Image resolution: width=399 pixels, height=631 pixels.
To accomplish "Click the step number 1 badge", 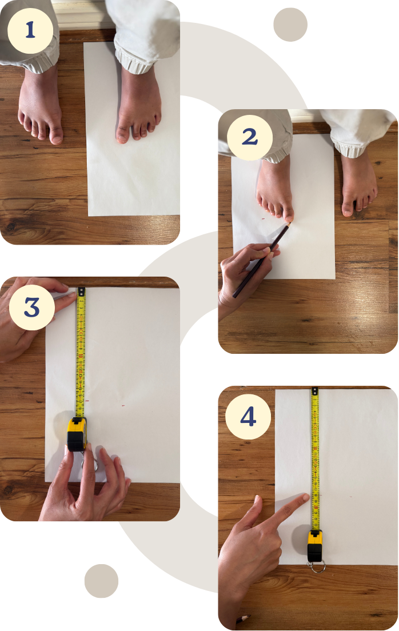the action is coord(30,31).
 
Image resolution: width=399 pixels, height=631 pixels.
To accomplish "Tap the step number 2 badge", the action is coord(250,138).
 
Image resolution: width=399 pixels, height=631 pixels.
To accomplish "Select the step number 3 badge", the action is coord(32,307).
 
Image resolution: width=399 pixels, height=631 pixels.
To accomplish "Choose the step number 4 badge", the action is coord(248,417).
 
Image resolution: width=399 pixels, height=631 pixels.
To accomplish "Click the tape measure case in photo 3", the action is coord(77,434).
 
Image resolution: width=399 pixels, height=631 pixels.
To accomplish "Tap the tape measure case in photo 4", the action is coord(315,546).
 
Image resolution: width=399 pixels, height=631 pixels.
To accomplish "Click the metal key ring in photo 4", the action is coord(318,566).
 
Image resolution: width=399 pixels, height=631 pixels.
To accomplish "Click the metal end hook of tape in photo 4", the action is coord(315,391).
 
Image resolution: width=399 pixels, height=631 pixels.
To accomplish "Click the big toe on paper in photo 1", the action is coord(123,134).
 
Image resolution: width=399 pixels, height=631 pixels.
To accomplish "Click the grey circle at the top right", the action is coord(290,25).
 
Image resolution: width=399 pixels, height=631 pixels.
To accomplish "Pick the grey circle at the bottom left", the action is coord(101,581).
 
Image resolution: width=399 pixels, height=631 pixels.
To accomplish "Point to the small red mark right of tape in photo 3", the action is coord(123,405).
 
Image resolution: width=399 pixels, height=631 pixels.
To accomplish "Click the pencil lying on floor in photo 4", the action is coord(243,618).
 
